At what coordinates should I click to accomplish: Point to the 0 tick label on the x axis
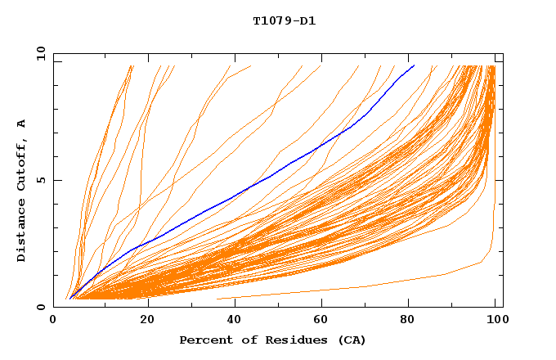coord(53,322)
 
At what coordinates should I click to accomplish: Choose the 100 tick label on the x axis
coord(495,322)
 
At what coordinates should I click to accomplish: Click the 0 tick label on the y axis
coord(41,307)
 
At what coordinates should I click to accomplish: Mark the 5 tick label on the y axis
coord(41,180)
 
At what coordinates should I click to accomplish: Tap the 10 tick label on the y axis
coord(39,53)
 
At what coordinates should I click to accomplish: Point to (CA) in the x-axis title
coord(350,340)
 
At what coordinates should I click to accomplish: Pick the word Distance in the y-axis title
coord(22,231)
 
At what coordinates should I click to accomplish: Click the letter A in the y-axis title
coord(22,124)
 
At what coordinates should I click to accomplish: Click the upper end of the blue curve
coord(415,65)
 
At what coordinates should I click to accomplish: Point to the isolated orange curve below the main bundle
coord(368,286)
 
